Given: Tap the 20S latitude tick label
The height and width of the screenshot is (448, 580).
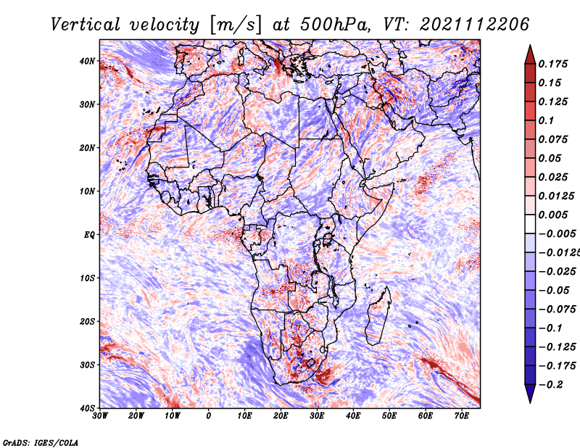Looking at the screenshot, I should coord(88,321).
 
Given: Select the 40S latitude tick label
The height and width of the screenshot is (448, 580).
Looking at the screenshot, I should coord(88,408).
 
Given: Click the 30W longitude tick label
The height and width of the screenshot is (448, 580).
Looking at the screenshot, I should coord(100,415).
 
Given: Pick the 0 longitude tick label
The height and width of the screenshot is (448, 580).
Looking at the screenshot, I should coord(209,415).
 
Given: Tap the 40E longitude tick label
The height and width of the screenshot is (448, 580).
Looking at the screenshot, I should coord(353,415).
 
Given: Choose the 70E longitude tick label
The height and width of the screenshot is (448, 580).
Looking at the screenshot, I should coord(462,415).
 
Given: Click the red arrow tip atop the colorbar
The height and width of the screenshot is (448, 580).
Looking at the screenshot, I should coord(530,53).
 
